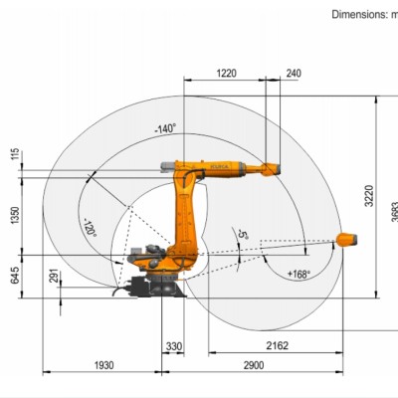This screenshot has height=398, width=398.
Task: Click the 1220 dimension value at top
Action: click(x=226, y=74)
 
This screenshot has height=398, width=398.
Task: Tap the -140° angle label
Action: click(x=165, y=128)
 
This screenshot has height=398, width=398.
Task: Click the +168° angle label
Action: click(x=298, y=273)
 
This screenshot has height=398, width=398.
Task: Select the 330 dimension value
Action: click(x=175, y=346)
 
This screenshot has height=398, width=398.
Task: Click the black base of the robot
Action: click(x=149, y=288)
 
